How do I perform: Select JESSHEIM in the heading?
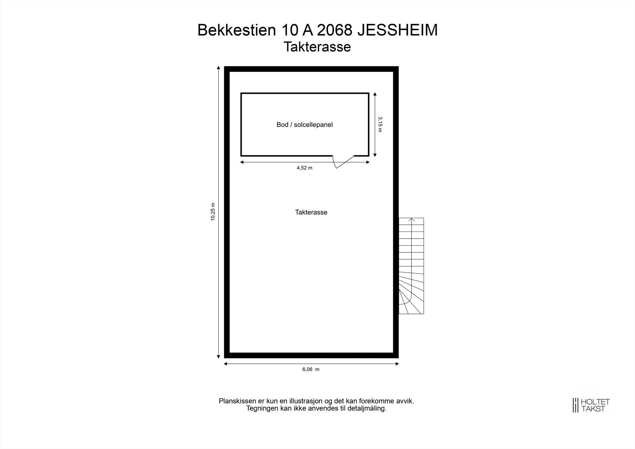pos(398,30)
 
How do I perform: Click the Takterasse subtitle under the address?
pos(317,47)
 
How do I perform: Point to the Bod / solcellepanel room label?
pos(304,125)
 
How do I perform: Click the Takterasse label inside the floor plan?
pos(311,212)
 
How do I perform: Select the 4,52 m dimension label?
pos(304,168)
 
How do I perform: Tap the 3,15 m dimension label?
pos(380,124)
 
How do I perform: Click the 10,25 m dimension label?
pos(213,212)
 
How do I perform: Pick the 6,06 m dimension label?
pos(311,370)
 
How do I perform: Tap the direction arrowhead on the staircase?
pos(412,219)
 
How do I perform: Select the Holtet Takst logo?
pos(591,405)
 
